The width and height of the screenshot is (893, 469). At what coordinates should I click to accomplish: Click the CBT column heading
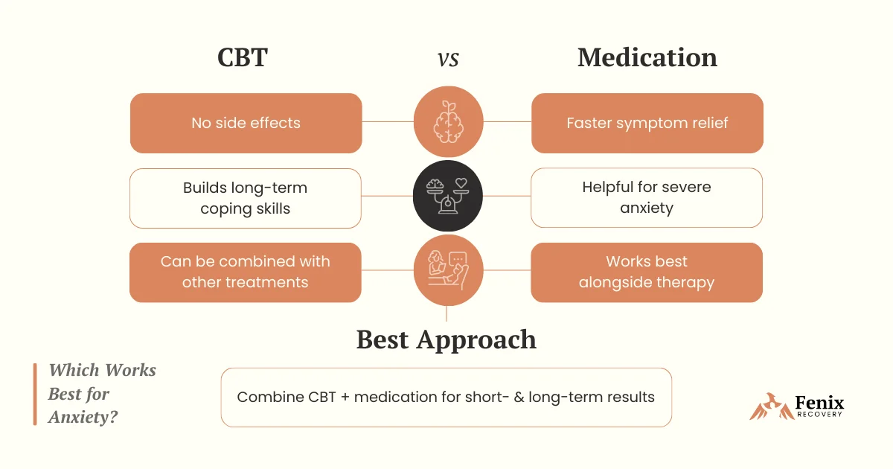point(242,58)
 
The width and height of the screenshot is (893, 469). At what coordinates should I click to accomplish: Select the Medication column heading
point(647,58)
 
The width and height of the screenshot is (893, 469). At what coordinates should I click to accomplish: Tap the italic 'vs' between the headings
point(448,59)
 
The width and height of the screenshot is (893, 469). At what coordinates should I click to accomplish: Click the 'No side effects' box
point(246,123)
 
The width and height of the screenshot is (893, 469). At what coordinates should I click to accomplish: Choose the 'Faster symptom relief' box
point(647,123)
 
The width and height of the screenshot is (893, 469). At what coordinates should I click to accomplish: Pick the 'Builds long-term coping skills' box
point(246,198)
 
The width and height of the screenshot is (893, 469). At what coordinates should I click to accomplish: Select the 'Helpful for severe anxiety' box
point(647,198)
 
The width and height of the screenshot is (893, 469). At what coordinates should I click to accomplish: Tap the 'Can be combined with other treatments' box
point(246,272)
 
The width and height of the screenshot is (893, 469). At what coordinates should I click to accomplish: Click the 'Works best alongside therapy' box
point(647,272)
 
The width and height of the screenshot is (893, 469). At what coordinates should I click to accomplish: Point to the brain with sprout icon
point(448,121)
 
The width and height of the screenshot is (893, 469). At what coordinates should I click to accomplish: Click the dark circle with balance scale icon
point(448,196)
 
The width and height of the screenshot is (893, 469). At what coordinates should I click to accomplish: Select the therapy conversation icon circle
point(448,271)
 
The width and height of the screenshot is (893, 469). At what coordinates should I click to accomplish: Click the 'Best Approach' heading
point(446,339)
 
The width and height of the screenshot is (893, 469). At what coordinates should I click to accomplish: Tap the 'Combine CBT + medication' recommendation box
point(446,397)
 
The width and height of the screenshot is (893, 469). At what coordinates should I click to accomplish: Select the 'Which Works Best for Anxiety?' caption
point(102,394)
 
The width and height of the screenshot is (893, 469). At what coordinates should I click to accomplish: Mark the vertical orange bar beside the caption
point(35,394)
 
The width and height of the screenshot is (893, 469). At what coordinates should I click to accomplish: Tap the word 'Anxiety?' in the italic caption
point(83,418)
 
